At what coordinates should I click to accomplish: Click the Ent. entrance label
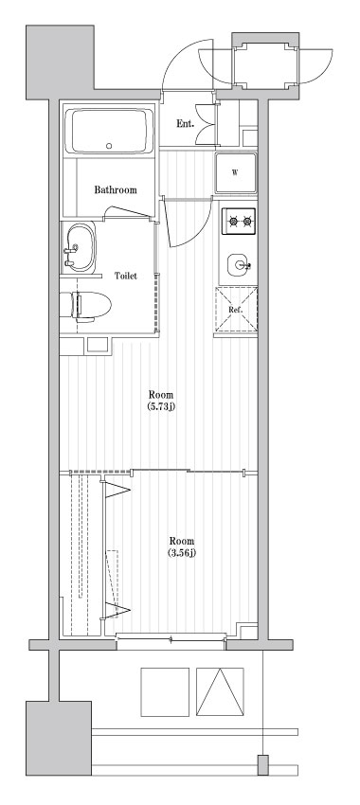[186, 123]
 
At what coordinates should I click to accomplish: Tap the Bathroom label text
[115, 190]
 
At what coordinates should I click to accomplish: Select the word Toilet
[126, 276]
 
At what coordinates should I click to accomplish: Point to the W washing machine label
[234, 171]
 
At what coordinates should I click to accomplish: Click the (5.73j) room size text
[161, 406]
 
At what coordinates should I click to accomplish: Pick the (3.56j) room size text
[182, 552]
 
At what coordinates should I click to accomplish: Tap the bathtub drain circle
[110, 146]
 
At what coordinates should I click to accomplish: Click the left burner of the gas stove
[232, 223]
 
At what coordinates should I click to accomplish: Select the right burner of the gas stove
[248, 223]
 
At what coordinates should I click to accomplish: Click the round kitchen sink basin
[237, 262]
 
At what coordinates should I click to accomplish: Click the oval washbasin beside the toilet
[80, 249]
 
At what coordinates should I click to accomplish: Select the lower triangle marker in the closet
[120, 610]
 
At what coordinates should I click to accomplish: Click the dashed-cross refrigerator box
[236, 311]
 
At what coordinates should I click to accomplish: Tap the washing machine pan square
[235, 172]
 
